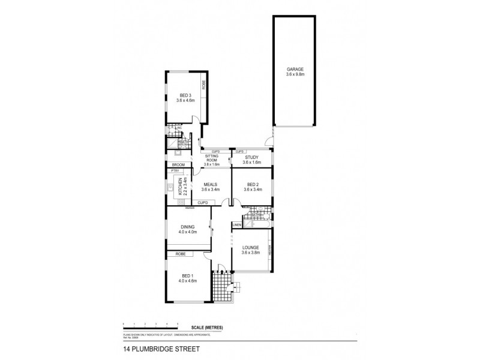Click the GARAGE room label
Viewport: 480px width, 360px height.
tap(295, 69)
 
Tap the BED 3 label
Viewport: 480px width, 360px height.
tap(185, 95)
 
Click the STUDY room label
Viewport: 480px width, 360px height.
tap(251, 157)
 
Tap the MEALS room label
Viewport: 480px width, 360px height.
tap(210, 184)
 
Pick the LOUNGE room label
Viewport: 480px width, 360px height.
tap(251, 247)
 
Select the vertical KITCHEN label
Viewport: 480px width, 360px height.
tap(179, 187)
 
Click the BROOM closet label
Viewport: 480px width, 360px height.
tap(178, 164)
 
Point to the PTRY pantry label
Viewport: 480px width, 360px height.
tap(175, 172)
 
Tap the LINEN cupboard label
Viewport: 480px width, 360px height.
tap(236, 224)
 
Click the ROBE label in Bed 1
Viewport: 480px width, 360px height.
tap(180, 254)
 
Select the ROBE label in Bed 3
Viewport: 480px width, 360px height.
tap(204, 85)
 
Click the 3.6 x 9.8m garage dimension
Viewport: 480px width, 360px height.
tap(295, 74)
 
